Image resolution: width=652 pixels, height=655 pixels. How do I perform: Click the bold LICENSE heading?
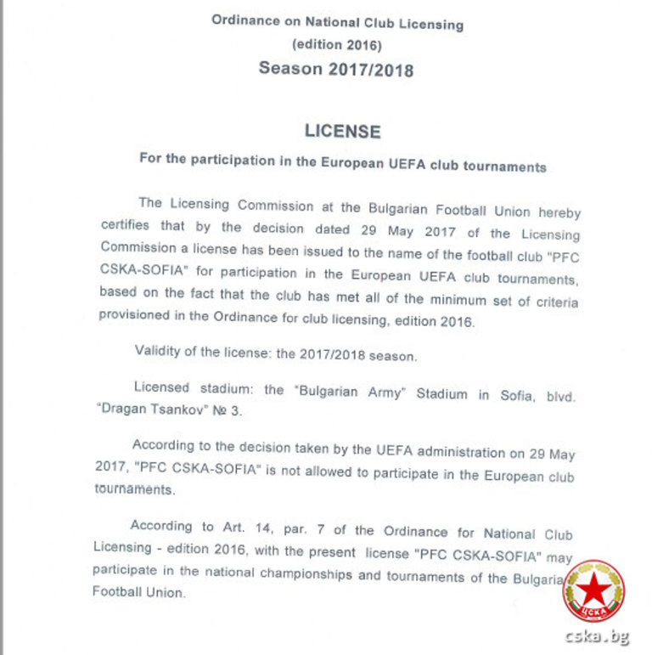(342, 132)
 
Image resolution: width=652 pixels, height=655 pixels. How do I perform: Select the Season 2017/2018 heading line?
(336, 69)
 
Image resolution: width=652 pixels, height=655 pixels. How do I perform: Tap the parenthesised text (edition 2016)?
(336, 44)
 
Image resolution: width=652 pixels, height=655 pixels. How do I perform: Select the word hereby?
(558, 212)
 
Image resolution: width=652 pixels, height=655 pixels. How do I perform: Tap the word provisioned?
(139, 313)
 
